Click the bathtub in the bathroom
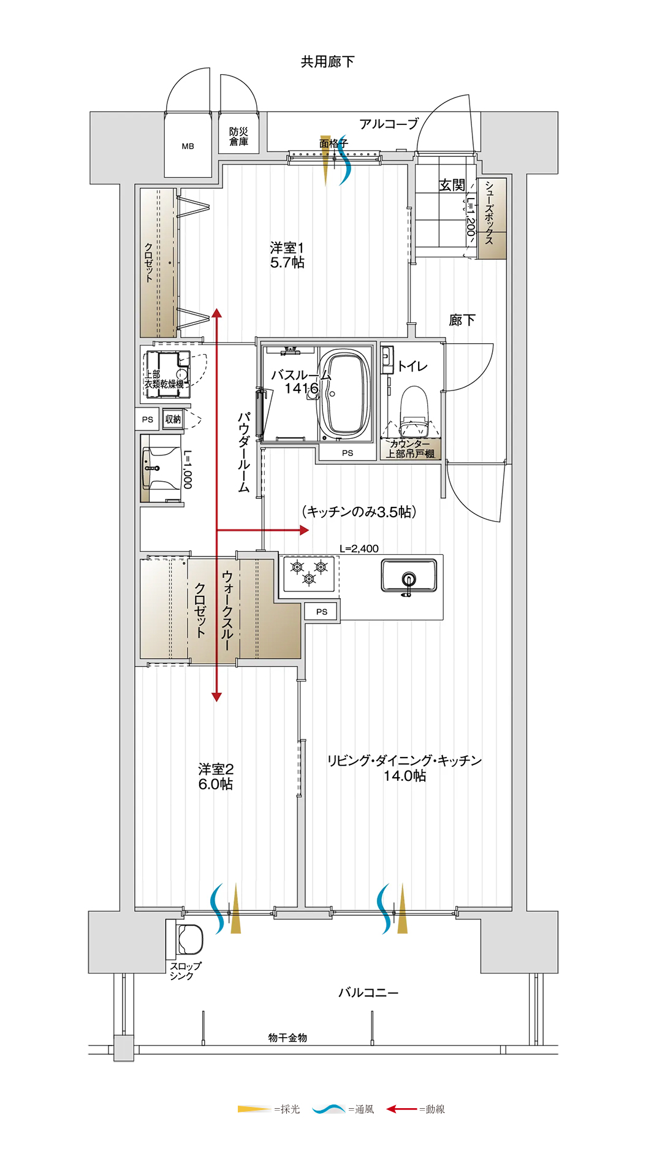point(346,393)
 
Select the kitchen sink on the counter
point(409,576)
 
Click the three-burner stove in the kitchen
point(309,574)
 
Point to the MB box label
point(188,146)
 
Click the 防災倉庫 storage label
point(238,137)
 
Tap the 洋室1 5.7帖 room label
point(287,255)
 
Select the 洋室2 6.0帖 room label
point(216,776)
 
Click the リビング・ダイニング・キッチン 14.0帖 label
point(405,768)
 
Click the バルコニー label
point(368,992)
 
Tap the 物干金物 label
point(287,1038)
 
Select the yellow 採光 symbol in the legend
point(254,1109)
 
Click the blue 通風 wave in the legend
point(329,1109)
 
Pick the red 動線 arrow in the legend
point(401,1109)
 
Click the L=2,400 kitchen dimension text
point(359,549)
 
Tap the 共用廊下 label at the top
point(327,61)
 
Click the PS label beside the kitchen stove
point(322,612)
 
